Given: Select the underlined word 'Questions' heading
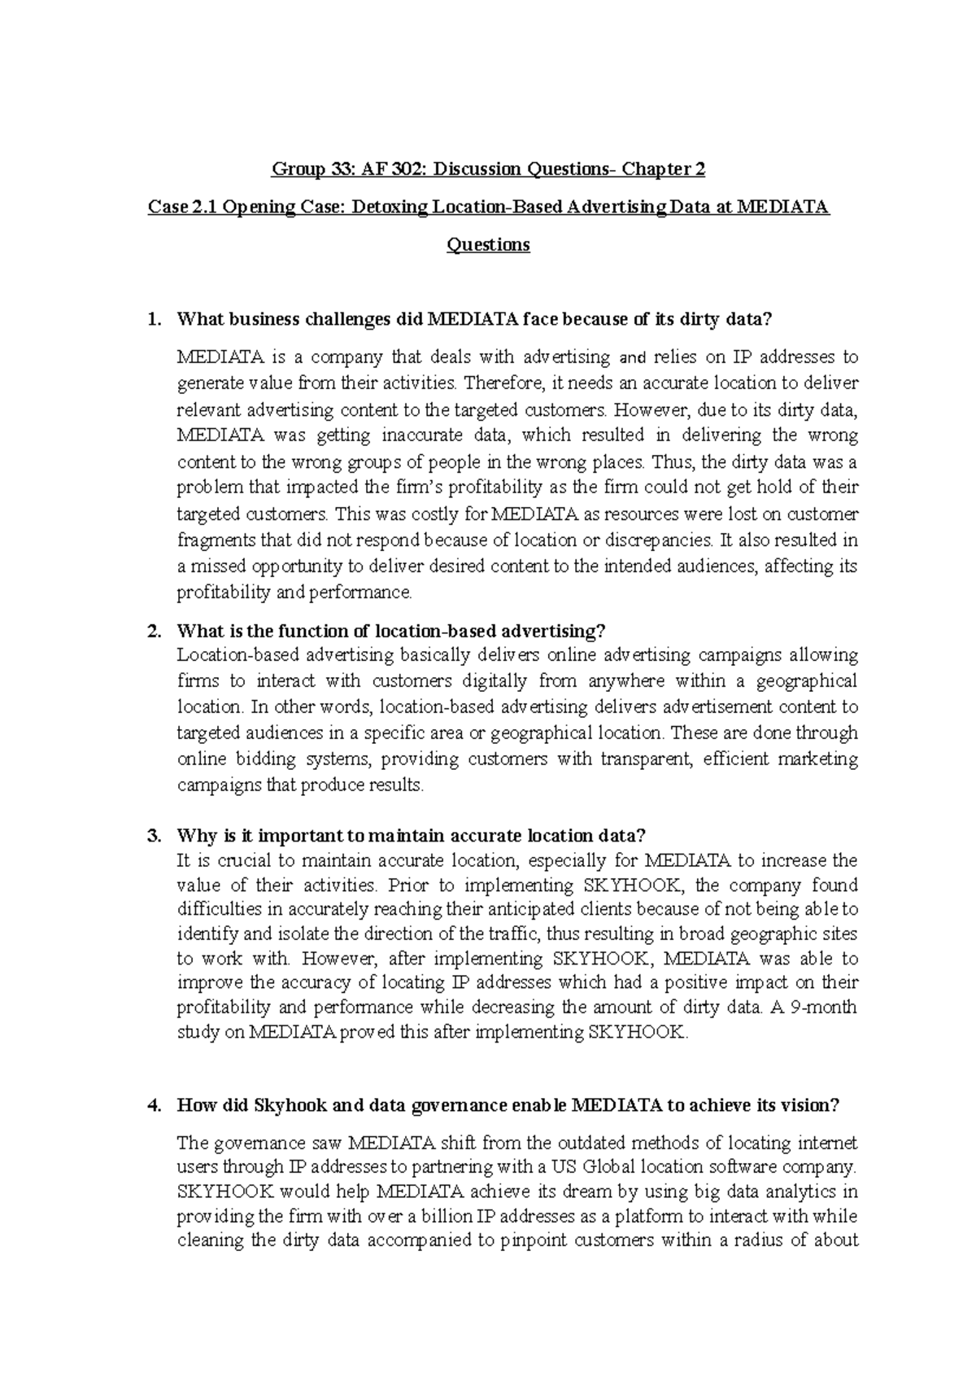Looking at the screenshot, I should pyautogui.click(x=488, y=245).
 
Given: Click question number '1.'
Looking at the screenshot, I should pyautogui.click(x=154, y=320).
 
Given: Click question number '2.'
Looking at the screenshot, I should pyautogui.click(x=154, y=632).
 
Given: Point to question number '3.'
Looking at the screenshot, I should pyautogui.click(x=154, y=836).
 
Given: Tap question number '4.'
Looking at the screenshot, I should pyautogui.click(x=154, y=1105).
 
